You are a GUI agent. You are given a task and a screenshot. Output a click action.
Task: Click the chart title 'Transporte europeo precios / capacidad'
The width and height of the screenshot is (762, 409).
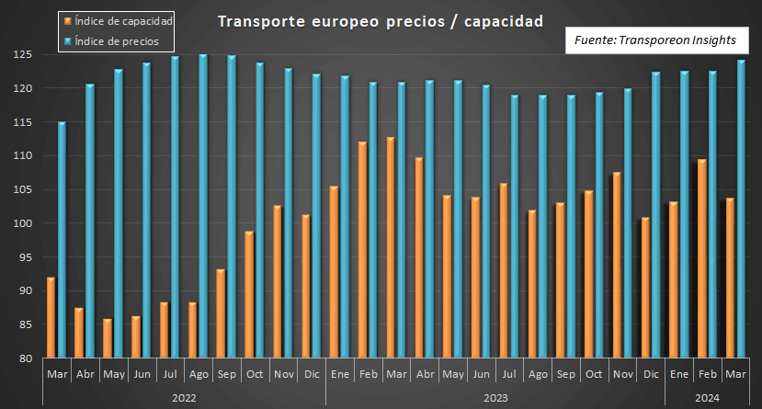pyautogui.click(x=379, y=20)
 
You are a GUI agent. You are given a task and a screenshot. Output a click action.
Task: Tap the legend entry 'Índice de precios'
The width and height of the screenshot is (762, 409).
pyautogui.click(x=116, y=41)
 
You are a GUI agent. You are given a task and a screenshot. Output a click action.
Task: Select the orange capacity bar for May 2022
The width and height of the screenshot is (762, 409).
pyautogui.click(x=108, y=338)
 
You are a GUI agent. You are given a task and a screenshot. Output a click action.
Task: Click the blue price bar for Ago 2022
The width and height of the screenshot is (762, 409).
pyautogui.click(x=203, y=207)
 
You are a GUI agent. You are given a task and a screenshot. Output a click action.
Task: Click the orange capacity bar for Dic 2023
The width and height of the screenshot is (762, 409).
pyautogui.click(x=645, y=288)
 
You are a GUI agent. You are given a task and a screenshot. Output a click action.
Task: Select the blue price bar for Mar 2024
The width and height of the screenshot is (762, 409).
pyautogui.click(x=741, y=210)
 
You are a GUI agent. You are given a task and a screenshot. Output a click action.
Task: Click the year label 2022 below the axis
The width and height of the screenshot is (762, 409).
pyautogui.click(x=184, y=397)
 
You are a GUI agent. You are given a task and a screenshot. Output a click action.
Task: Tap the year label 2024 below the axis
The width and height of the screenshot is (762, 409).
pyautogui.click(x=707, y=397)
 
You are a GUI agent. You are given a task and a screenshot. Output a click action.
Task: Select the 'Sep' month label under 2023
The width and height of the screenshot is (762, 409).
pyautogui.click(x=566, y=375)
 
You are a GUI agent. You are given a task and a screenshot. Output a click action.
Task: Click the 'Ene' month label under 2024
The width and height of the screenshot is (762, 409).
pyautogui.click(x=679, y=375)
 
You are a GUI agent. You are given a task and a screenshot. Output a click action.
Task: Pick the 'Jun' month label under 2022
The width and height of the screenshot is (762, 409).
pyautogui.click(x=142, y=375)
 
